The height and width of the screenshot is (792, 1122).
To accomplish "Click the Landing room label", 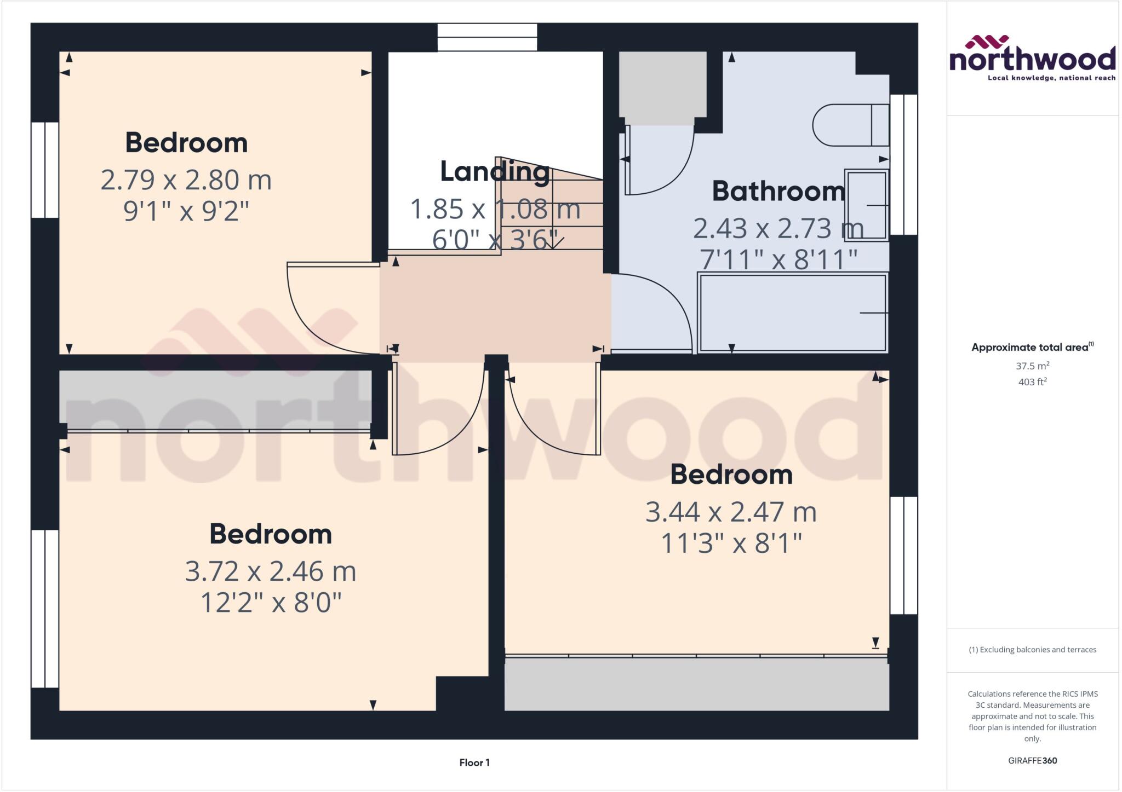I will (495, 172).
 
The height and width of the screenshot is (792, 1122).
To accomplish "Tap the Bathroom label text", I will (778, 191).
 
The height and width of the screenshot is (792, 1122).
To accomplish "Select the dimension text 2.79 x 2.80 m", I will (186, 180).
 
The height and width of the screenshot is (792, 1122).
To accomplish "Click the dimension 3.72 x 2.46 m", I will (271, 571).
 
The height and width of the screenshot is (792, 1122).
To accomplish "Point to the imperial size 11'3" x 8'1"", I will (731, 544).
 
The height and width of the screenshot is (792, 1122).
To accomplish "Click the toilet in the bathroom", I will (850, 125).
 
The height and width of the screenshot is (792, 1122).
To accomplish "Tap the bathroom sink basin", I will (866, 205).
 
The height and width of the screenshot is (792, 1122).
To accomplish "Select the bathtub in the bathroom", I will (792, 313).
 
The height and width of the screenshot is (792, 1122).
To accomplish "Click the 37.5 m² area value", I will (1032, 366).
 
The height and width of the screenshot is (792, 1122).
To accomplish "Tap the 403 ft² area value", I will (1032, 381).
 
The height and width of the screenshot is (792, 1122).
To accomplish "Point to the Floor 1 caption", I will (474, 762).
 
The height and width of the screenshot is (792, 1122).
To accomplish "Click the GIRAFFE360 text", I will (1032, 760).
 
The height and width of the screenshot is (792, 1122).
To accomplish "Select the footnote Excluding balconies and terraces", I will (1032, 650).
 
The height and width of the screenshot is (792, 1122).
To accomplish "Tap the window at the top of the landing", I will (487, 37).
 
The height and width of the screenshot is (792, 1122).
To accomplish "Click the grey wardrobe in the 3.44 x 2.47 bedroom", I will (696, 684).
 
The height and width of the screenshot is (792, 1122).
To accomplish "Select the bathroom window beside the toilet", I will (903, 164).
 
